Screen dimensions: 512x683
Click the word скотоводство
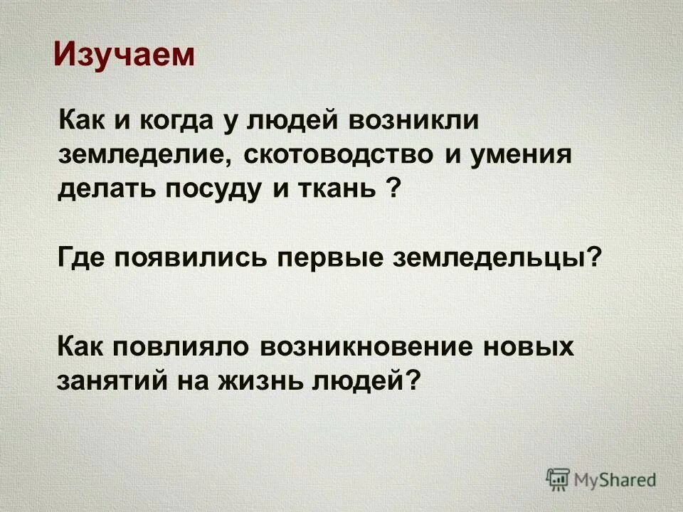(x=338, y=155)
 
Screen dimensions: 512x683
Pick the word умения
(x=522, y=155)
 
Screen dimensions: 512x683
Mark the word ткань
(x=339, y=191)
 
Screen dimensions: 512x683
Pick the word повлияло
(x=184, y=346)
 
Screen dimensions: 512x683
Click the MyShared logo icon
(x=558, y=479)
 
